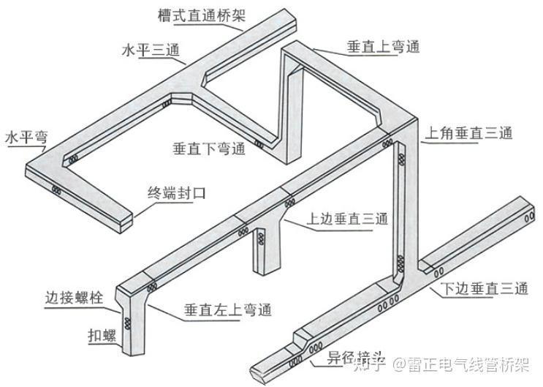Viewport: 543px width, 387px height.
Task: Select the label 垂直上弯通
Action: click(382, 48)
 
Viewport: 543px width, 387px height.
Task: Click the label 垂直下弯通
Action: click(208, 149)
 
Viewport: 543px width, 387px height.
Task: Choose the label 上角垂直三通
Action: click(469, 133)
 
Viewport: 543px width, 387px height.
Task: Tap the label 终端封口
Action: click(177, 194)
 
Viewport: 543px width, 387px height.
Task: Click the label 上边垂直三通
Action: click(347, 219)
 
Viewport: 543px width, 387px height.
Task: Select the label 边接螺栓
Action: click(74, 298)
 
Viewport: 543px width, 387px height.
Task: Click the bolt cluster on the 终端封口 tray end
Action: click(57, 191)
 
